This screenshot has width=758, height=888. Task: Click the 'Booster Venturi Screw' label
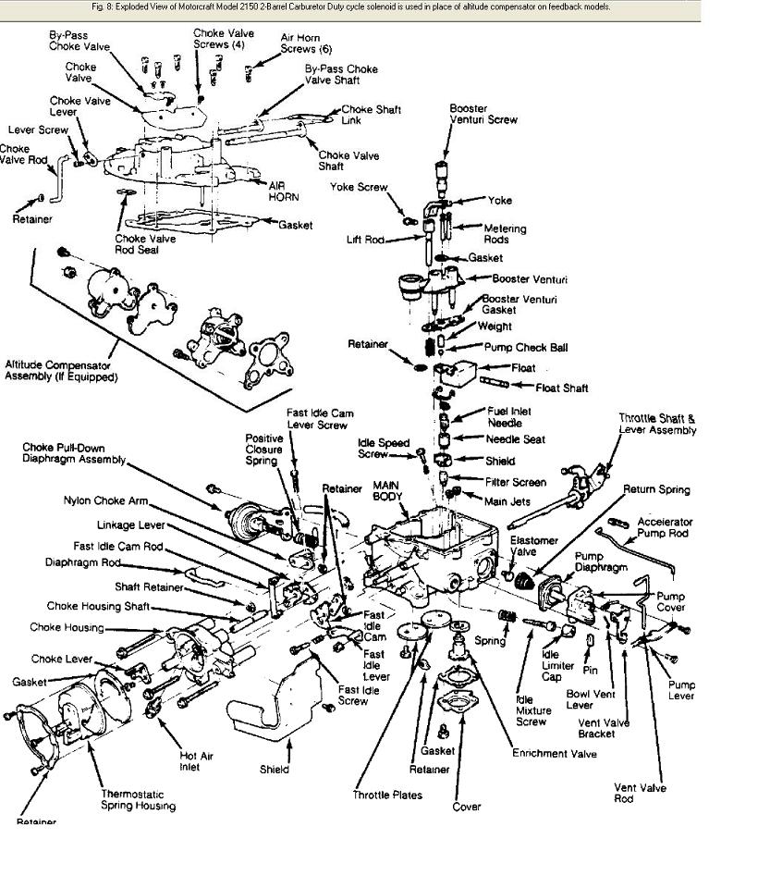483,114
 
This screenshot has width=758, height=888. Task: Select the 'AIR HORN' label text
284,191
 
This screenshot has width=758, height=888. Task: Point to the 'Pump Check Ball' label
526,348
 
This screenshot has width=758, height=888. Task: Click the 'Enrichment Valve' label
555,754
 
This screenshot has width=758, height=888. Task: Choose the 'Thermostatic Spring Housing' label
138,799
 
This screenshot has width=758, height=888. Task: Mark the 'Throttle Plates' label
386,795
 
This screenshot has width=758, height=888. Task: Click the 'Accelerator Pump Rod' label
665,528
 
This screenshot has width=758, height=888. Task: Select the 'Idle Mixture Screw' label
532,709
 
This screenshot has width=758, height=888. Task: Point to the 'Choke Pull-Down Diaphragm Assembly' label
73,453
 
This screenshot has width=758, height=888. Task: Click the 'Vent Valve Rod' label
640,793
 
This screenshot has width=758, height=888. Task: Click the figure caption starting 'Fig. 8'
351,6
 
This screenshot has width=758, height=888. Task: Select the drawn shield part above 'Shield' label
263,703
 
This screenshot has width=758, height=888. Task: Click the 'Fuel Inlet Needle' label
509,417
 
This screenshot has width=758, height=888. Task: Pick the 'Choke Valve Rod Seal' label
145,244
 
